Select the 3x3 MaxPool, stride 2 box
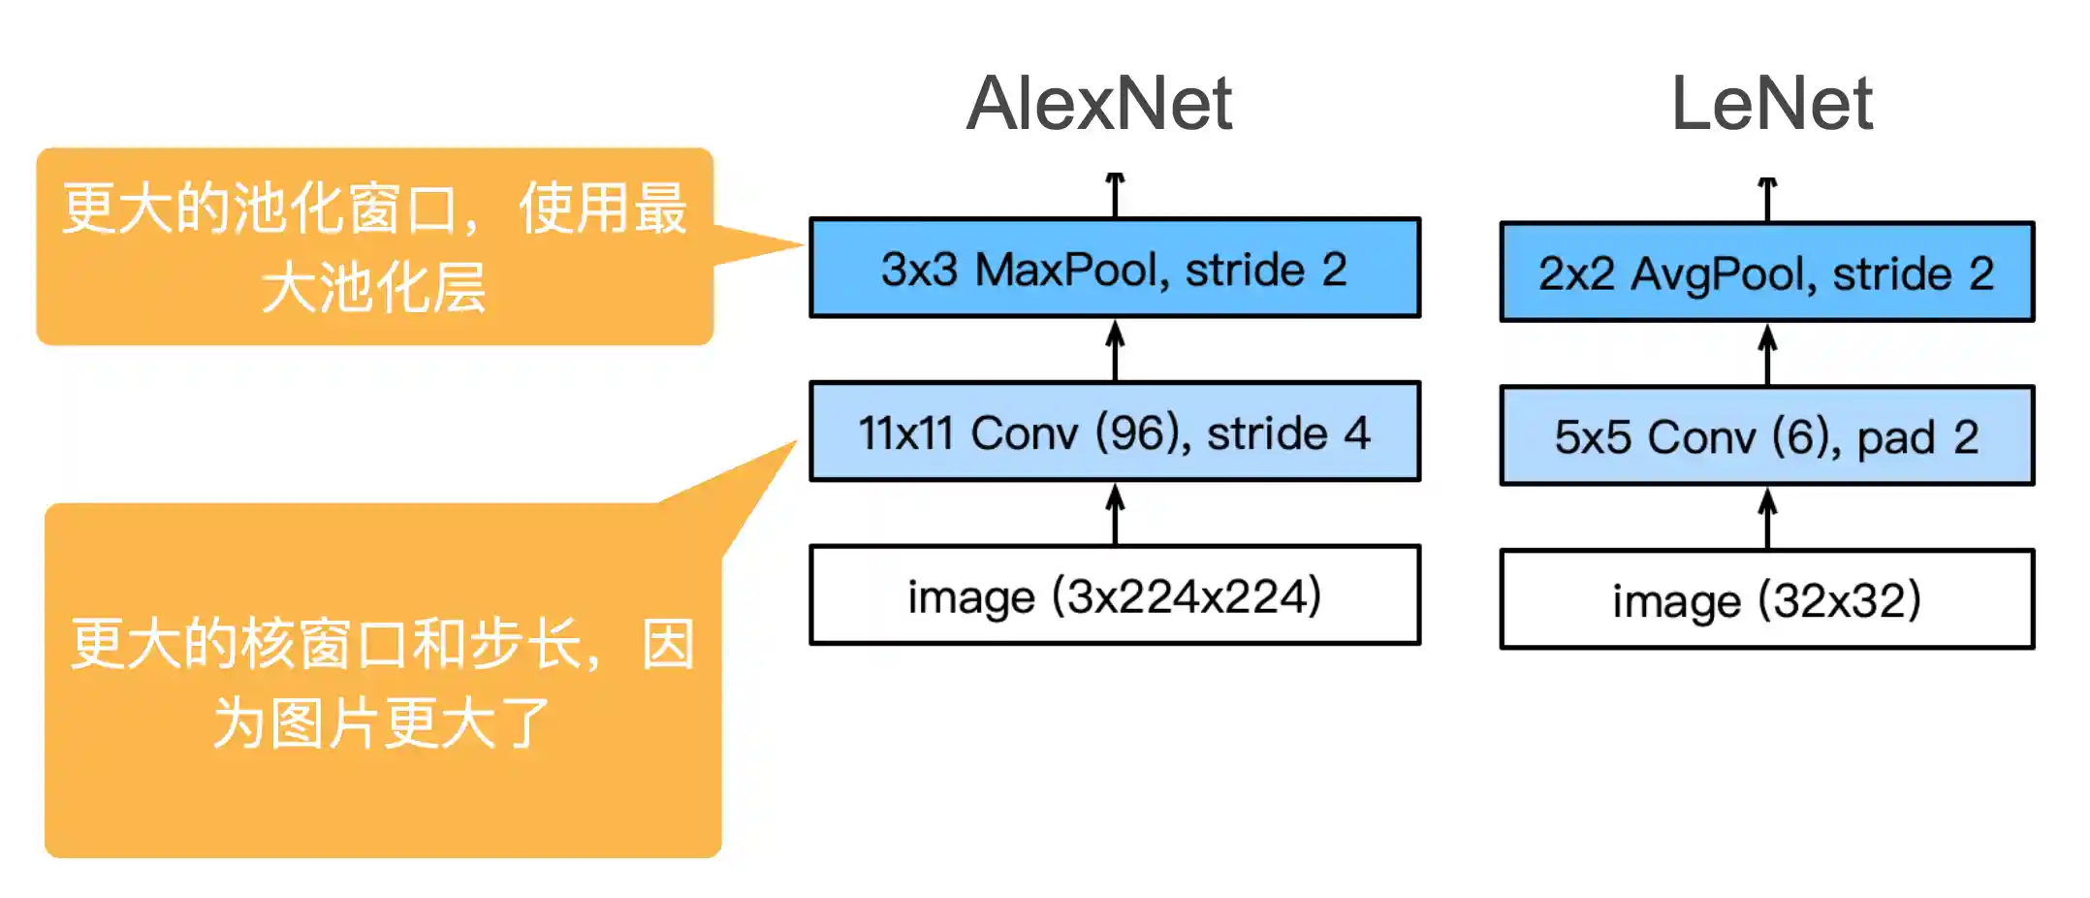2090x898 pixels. coord(1115,269)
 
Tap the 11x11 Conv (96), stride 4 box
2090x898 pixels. coord(1115,433)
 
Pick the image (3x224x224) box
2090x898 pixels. coord(1115,595)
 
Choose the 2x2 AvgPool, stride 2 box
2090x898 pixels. coord(1766,273)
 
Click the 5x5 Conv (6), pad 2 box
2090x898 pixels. coord(1766,436)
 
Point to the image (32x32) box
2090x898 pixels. coord(1766,599)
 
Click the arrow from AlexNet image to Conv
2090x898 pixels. coord(1116,514)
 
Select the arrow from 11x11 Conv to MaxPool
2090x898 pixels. coord(1116,350)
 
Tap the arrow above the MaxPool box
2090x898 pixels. coord(1116,194)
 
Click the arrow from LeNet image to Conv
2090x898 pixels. coord(1768,518)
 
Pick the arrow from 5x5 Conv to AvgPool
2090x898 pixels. coord(1768,354)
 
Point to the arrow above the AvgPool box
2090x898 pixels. coord(1768,199)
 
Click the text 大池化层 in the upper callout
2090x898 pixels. coord(374,288)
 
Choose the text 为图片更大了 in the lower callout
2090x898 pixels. coord(382,723)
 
